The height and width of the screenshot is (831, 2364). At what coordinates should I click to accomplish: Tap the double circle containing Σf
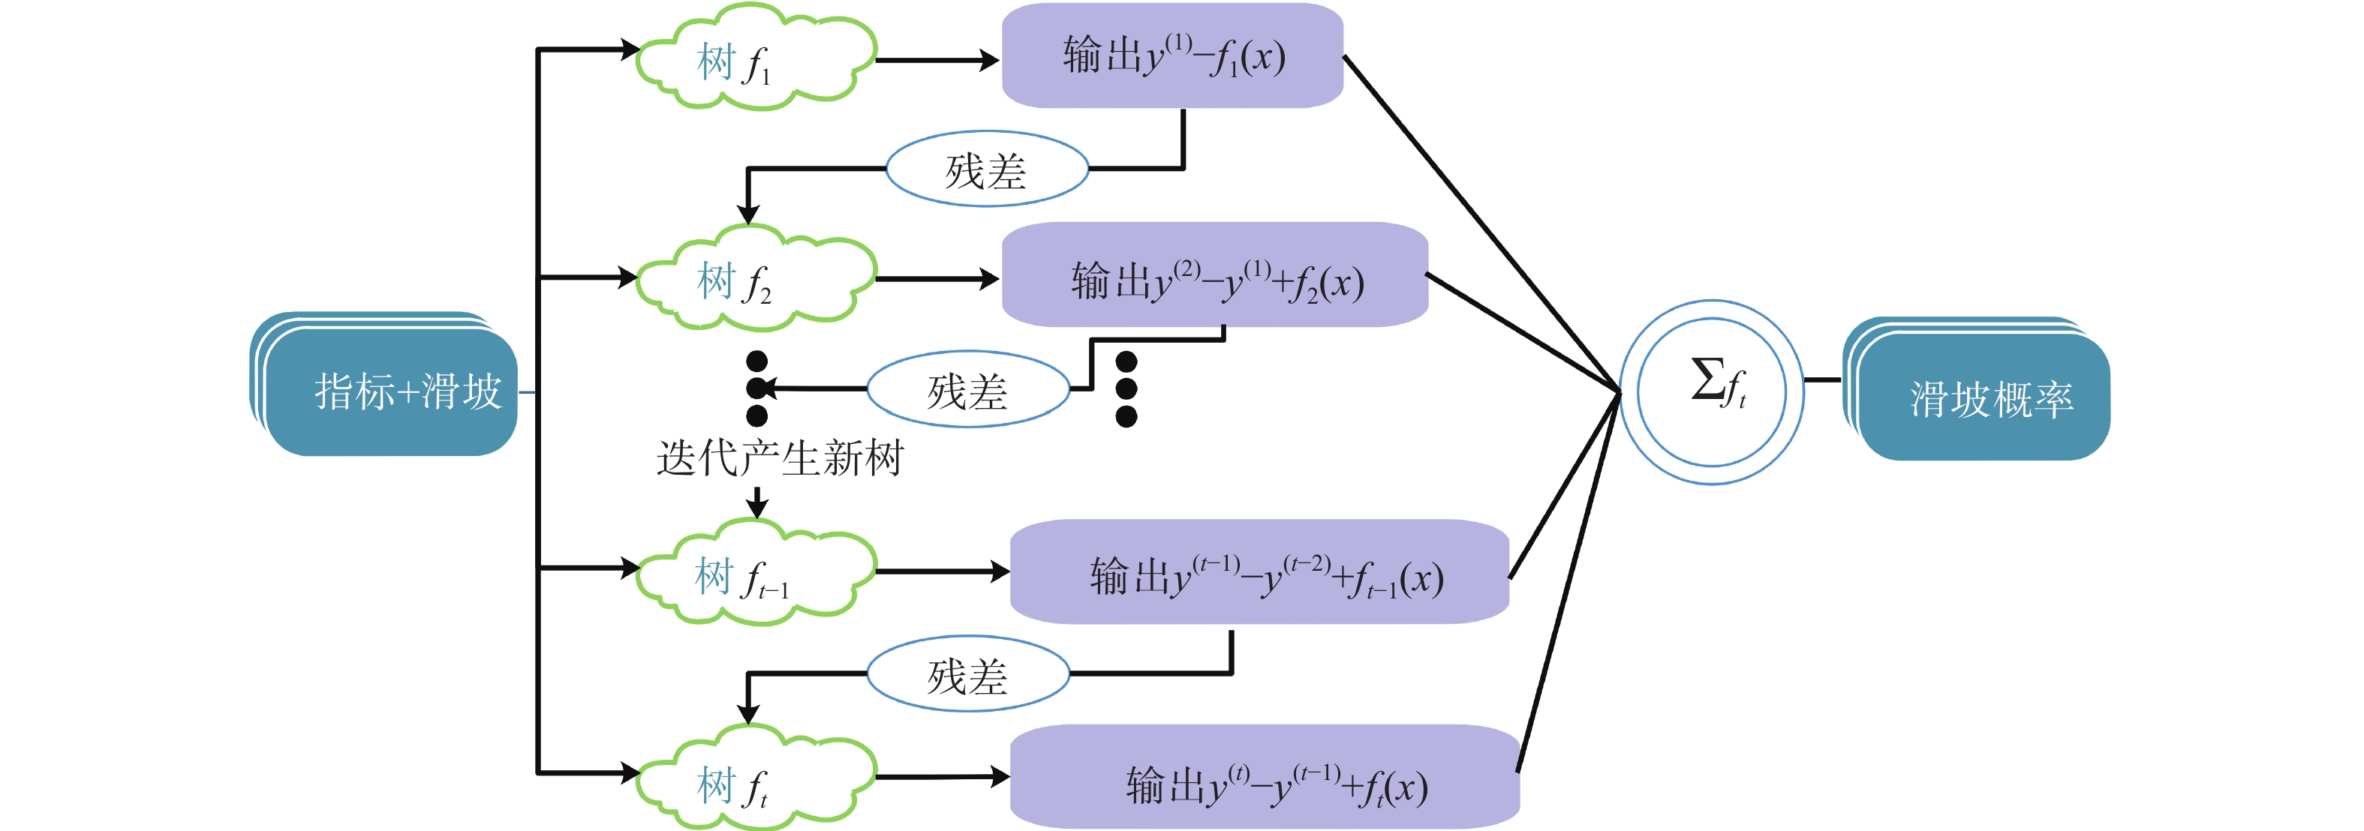(1712, 391)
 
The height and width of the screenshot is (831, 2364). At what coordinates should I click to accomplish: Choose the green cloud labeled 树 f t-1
(755, 573)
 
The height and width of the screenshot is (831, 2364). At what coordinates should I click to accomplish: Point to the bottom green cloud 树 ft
(755, 780)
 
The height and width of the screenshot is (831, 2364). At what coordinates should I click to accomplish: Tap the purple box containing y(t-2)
(1259, 572)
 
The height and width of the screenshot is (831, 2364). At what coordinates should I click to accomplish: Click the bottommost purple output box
(1265, 778)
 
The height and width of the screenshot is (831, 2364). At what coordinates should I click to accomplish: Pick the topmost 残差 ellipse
(987, 169)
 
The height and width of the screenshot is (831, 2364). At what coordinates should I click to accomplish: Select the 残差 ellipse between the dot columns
(968, 390)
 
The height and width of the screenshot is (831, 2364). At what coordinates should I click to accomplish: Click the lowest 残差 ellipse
(968, 674)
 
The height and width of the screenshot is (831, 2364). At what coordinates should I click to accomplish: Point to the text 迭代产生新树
(780, 457)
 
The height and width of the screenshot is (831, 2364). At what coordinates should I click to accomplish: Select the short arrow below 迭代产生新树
(757, 502)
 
